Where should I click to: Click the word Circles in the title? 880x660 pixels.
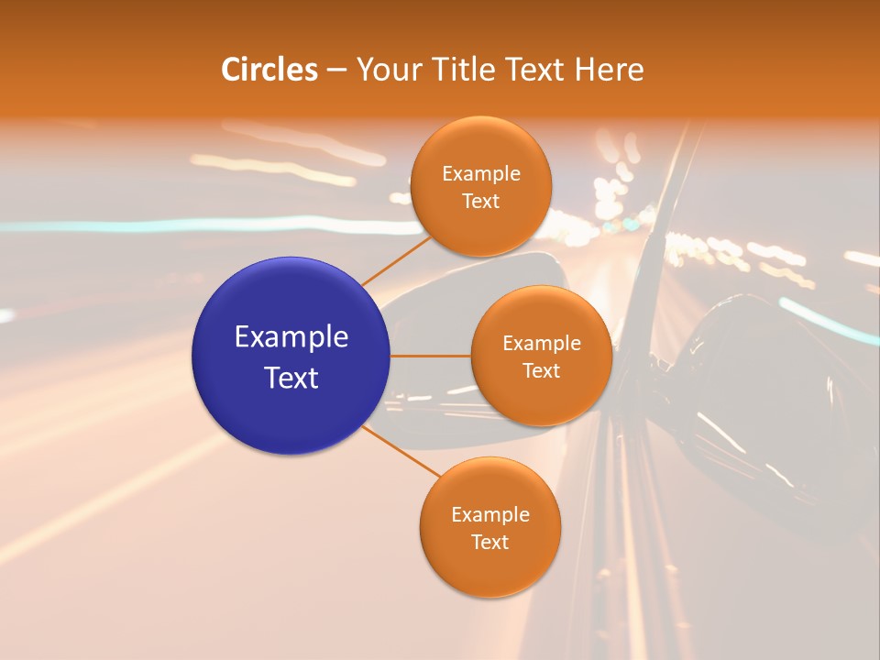coord(269,70)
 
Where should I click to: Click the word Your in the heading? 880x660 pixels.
coord(389,70)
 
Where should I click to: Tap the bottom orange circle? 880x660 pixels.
coord(489,568)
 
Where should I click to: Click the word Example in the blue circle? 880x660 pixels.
coord(291,337)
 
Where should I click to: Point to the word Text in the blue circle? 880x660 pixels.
coord(291,377)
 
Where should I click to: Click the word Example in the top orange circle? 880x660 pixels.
coord(481,174)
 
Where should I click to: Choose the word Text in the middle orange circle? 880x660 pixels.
coord(541,370)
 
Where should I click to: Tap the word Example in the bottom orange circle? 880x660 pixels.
coord(490,514)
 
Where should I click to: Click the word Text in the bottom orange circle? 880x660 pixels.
coord(489,542)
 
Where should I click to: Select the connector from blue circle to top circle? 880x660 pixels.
coord(396,259)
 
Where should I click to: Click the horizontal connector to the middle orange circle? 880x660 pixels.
coord(431,356)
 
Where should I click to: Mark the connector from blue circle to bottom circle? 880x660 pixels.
coord(401,452)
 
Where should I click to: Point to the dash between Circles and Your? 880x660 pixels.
coord(336,71)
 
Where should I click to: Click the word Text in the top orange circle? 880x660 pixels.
coord(480,201)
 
